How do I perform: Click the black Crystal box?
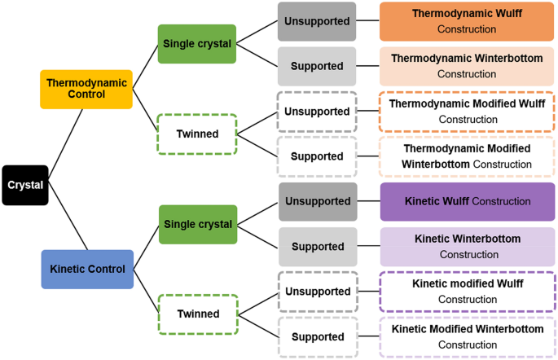(x=25, y=185)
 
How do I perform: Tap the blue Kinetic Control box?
(x=86, y=269)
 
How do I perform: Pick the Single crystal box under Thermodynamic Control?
(x=196, y=44)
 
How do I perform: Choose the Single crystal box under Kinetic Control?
(x=196, y=224)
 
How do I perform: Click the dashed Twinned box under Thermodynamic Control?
(x=196, y=134)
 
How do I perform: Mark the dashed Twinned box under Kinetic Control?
(x=196, y=314)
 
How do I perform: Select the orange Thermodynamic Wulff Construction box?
(x=467, y=21)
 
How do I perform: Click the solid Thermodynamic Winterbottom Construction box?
(x=467, y=66)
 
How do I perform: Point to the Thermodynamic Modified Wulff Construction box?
(x=467, y=112)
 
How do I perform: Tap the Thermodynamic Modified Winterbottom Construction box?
(x=467, y=156)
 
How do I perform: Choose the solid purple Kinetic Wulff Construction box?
(x=467, y=201)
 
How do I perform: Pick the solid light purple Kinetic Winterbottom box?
(x=467, y=246)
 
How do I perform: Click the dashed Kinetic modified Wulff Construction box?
(x=467, y=292)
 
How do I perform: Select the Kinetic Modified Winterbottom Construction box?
(x=467, y=336)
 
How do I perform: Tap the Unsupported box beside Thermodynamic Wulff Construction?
(x=317, y=21)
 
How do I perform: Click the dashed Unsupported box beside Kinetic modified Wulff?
(x=317, y=292)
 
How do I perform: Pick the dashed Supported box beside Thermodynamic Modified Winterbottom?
(x=317, y=156)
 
